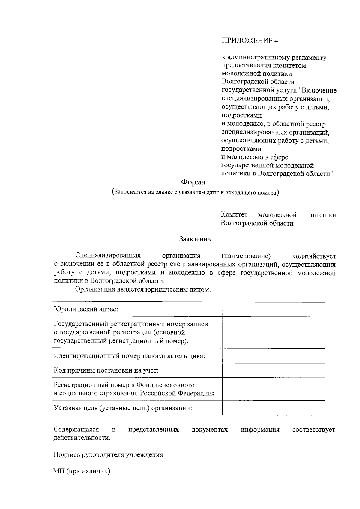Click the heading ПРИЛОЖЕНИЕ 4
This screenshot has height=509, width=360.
(x=250, y=41)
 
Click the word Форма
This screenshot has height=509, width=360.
(x=193, y=182)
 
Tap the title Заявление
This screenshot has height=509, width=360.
(x=195, y=239)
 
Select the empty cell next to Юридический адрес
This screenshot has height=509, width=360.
(x=274, y=309)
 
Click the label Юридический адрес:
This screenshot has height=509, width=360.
(x=86, y=309)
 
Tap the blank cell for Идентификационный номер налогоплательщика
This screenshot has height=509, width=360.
(x=274, y=356)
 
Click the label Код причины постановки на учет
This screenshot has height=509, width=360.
(x=106, y=370)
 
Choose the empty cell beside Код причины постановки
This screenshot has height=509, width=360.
(x=274, y=370)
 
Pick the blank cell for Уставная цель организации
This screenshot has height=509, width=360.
(x=274, y=408)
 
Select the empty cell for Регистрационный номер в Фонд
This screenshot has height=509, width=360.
(x=274, y=389)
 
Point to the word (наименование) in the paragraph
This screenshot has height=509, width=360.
(x=246, y=256)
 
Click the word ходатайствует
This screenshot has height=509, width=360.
(x=314, y=256)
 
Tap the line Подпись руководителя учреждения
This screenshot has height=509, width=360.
(x=108, y=454)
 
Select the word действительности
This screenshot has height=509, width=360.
(x=82, y=438)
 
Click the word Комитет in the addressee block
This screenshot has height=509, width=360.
(x=234, y=215)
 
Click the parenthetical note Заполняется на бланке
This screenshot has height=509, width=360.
(x=195, y=192)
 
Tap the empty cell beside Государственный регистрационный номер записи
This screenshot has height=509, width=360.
(x=274, y=332)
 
